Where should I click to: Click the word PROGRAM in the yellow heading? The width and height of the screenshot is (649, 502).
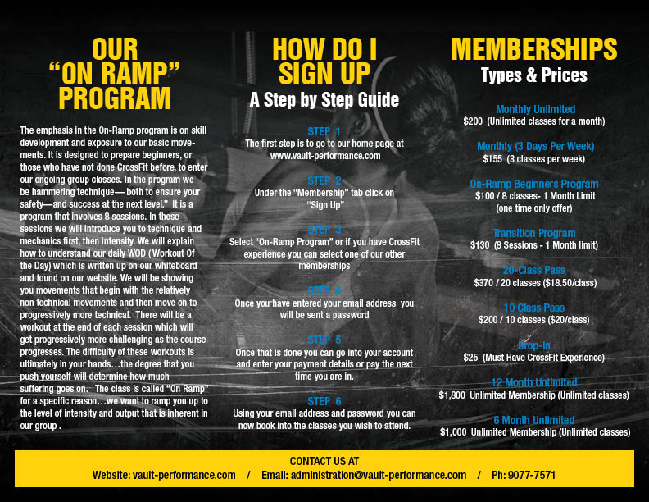coord(115,99)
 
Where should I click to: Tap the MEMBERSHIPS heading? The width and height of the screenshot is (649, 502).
coord(534,49)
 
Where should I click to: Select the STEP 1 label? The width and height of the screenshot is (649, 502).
coord(324,131)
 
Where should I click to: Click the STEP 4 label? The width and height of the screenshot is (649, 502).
coord(324,290)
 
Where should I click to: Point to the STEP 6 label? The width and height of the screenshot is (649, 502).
coord(324,401)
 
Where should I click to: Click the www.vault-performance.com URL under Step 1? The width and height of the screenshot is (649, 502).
coord(325,155)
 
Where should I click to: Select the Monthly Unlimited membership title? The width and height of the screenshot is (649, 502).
coord(535,109)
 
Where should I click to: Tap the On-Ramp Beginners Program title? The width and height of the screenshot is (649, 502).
coord(533,184)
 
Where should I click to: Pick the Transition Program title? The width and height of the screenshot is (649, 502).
coord(534,233)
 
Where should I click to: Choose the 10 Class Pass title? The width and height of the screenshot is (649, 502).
coord(534,308)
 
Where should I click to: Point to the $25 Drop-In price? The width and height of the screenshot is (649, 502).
coord(470,357)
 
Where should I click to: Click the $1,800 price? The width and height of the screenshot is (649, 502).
coord(452,395)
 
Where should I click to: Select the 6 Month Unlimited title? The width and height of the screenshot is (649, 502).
coord(534,420)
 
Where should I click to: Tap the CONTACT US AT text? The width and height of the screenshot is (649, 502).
coord(324,461)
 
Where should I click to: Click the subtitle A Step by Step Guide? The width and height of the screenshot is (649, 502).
coord(324,100)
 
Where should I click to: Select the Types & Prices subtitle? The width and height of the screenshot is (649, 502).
coord(534,75)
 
